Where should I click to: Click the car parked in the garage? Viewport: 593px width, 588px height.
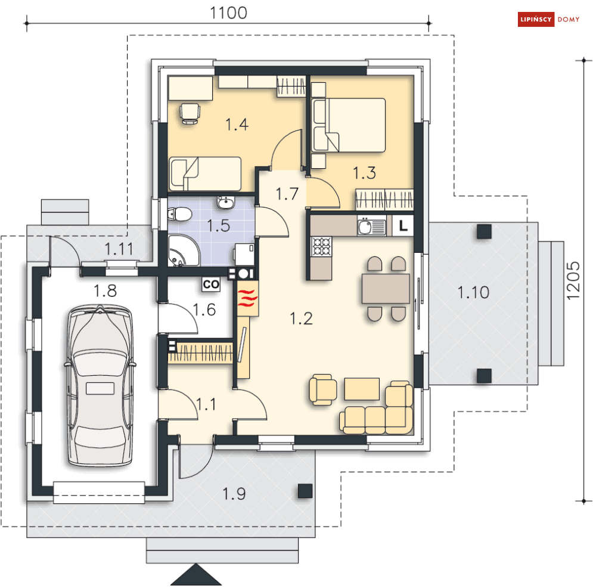(100, 386)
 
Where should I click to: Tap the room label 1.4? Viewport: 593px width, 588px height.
(237, 124)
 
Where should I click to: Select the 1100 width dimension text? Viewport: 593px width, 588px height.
(228, 13)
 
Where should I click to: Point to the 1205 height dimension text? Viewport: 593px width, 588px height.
(573, 280)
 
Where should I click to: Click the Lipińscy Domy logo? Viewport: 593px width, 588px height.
(548, 19)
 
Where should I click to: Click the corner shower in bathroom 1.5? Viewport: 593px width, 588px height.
(184, 250)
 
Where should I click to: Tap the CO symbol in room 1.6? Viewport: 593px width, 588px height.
(211, 284)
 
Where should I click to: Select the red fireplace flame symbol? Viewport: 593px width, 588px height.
(248, 298)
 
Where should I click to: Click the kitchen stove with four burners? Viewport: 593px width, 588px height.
(321, 246)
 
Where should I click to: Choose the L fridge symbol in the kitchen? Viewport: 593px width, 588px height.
(403, 226)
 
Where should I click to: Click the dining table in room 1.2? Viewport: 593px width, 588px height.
(386, 289)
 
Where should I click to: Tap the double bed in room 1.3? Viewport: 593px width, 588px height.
(348, 125)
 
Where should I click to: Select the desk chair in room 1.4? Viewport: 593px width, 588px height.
(190, 113)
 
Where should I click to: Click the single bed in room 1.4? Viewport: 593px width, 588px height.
(205, 174)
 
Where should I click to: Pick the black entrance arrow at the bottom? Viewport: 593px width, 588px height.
(196, 575)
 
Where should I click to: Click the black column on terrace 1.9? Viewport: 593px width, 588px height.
(305, 491)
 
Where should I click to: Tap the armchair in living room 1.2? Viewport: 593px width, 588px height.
(323, 390)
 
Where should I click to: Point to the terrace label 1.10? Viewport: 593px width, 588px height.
(473, 292)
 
